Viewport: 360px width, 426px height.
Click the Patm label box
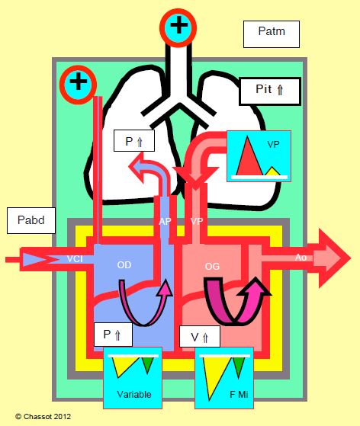272,34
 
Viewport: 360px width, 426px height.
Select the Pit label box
270,91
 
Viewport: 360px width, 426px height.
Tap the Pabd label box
31,220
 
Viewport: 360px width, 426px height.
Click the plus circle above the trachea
178,27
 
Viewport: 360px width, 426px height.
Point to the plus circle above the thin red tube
79,85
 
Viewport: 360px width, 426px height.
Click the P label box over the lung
134,140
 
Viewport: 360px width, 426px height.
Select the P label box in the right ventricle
113,335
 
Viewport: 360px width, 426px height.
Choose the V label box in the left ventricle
200,336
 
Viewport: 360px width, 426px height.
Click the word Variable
134,394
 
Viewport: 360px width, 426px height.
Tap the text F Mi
239,394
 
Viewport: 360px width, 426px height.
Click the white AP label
165,222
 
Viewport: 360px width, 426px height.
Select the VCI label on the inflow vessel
75,259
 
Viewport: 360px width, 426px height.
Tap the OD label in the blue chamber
124,265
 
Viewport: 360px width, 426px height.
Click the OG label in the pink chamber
212,266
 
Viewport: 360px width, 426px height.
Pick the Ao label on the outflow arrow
301,258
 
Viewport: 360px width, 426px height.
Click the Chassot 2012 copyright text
43,417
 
